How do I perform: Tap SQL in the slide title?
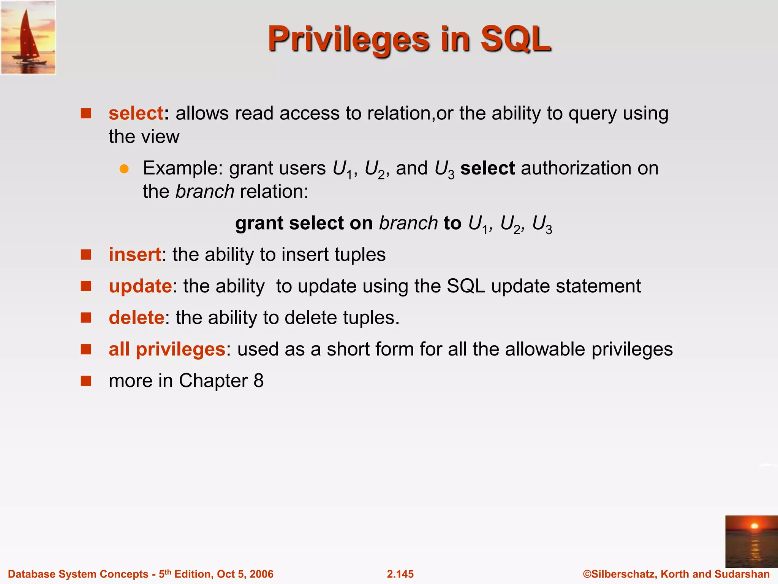[516, 39]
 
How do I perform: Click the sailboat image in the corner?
[28, 37]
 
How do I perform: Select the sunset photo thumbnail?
[751, 541]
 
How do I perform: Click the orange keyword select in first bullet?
[136, 113]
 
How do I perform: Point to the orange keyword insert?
[135, 254]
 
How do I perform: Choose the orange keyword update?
[140, 286]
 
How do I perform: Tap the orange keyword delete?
[136, 317]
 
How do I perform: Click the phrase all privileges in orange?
[167, 349]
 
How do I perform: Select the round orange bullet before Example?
[124, 169]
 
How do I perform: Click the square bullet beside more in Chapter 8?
[86, 381]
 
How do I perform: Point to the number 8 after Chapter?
[258, 381]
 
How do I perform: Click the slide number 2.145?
[400, 574]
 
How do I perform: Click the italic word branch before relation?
[205, 191]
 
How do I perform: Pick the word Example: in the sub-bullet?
[183, 168]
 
